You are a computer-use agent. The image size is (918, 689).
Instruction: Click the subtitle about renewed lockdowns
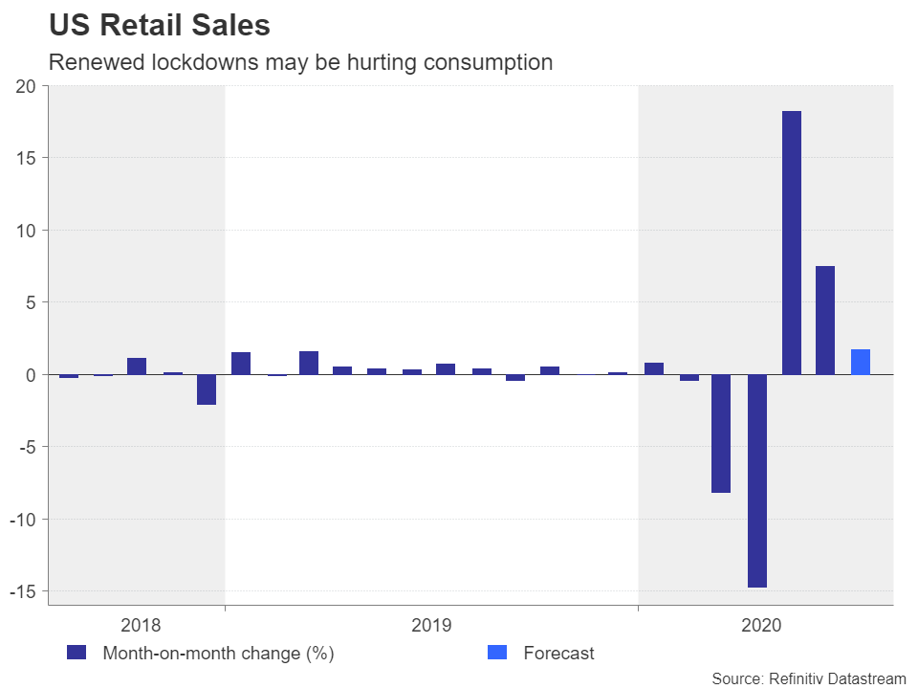tap(300, 62)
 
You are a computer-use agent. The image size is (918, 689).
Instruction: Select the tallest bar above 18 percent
tap(791, 242)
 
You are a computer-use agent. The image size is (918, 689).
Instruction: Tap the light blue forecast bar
tap(860, 362)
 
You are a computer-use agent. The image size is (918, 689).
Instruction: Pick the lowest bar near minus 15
tap(757, 480)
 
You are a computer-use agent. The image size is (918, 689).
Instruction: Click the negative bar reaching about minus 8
tap(721, 433)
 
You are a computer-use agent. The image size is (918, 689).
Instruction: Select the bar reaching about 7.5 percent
tap(825, 320)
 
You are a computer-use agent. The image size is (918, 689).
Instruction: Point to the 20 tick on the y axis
tap(26, 86)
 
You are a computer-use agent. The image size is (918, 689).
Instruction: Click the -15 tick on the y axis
tap(22, 591)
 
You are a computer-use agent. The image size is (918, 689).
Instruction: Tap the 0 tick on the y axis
tap(31, 375)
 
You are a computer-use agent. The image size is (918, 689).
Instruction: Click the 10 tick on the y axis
tap(26, 231)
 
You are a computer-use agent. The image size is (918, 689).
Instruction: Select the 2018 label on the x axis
tap(141, 626)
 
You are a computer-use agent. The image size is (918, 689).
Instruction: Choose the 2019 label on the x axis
tap(431, 626)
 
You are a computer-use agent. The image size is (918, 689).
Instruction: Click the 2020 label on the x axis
tap(762, 626)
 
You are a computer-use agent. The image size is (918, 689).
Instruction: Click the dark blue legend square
tap(76, 653)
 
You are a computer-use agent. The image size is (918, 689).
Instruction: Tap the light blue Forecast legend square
tap(497, 653)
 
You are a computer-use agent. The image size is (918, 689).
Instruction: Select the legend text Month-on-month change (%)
tap(218, 654)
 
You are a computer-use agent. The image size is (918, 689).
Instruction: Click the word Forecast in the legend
tap(558, 654)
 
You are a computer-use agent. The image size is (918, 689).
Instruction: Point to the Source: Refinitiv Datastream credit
tap(808, 678)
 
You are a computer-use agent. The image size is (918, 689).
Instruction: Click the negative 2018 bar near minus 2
tap(207, 389)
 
